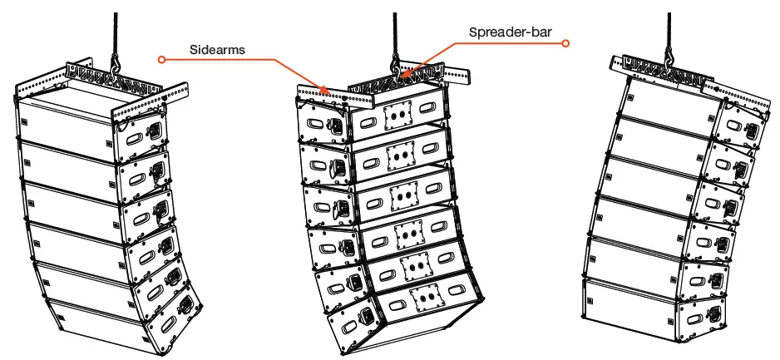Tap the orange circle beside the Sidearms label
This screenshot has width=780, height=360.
pos(163,59)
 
